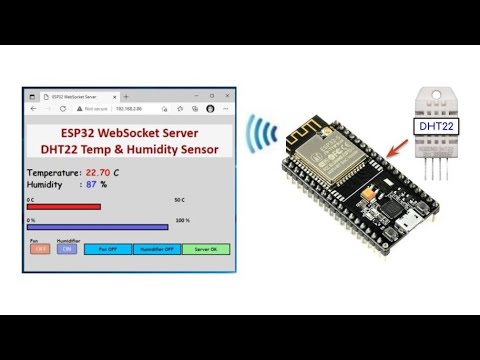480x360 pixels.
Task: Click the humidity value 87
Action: [x=91, y=184]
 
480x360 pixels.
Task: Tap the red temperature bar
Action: [x=64, y=207]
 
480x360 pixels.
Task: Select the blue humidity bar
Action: [x=97, y=227]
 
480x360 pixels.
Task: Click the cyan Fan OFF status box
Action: [x=108, y=249]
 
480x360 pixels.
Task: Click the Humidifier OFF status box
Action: [x=156, y=249]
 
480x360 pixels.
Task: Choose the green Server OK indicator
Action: [x=205, y=249]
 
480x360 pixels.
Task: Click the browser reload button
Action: [x=63, y=108]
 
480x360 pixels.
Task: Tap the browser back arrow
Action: [x=34, y=108]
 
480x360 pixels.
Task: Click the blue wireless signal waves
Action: [x=264, y=140]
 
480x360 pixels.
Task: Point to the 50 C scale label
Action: [x=178, y=200]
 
